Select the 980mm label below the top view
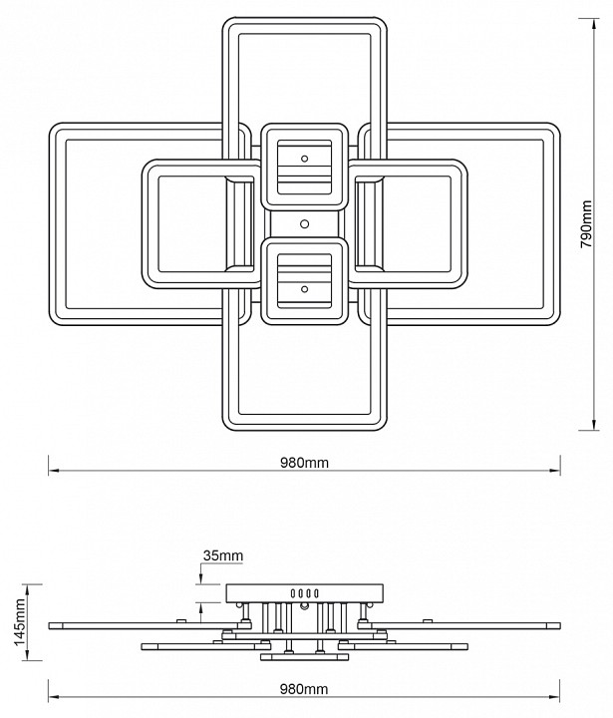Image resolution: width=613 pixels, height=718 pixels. click(x=304, y=463)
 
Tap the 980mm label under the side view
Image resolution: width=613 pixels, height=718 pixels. click(x=304, y=689)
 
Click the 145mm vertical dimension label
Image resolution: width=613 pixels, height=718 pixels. click(x=15, y=622)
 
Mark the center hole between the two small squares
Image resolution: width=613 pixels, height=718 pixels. click(x=305, y=223)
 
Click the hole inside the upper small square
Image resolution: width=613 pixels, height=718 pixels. click(x=305, y=158)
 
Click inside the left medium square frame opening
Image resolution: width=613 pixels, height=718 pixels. click(x=189, y=223)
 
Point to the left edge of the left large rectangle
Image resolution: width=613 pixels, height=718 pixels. click(x=52, y=223)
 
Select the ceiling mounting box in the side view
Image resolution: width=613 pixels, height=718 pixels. click(x=304, y=593)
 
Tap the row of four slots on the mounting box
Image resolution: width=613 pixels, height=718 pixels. click(x=303, y=593)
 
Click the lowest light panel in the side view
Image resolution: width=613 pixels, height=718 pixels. click(x=304, y=657)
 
